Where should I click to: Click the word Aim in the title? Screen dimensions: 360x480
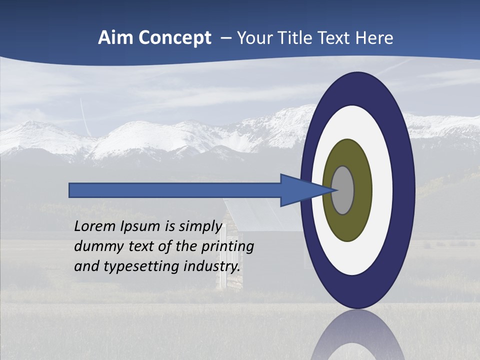[x=116, y=38]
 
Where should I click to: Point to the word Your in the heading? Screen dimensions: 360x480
[x=254, y=38]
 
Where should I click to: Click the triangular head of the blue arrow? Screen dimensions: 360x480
[x=300, y=190]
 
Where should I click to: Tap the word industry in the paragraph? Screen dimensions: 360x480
[x=211, y=266]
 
